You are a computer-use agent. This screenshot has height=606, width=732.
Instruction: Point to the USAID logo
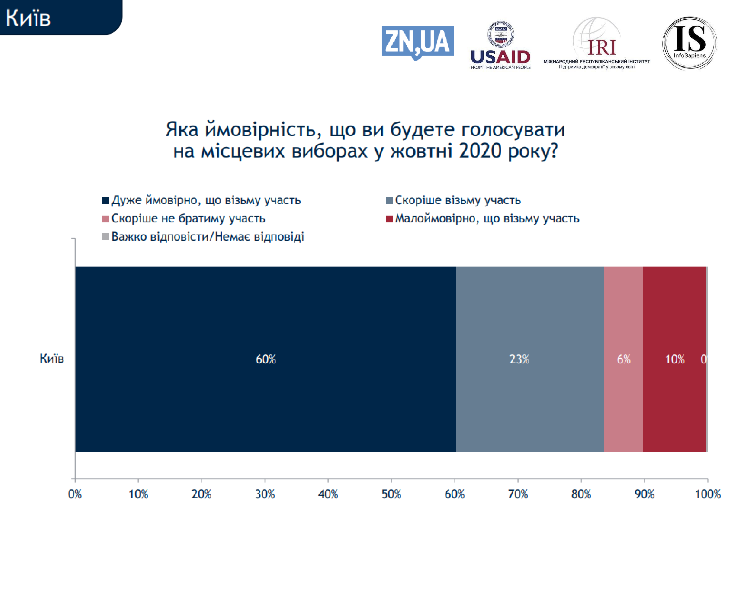(500, 45)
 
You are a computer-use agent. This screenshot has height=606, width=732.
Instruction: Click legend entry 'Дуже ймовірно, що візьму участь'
(206, 200)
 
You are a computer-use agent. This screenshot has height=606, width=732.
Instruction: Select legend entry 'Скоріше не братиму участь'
(188, 218)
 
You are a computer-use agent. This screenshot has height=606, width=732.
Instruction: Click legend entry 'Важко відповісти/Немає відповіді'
(207, 237)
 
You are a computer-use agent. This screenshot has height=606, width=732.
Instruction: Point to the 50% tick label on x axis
(391, 494)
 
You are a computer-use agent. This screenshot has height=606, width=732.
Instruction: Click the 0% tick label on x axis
(75, 494)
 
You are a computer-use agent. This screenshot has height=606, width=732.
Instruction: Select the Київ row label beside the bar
(51, 358)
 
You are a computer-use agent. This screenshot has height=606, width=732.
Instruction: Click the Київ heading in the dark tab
(28, 18)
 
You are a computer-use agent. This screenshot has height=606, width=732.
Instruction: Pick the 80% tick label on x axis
(581, 494)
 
